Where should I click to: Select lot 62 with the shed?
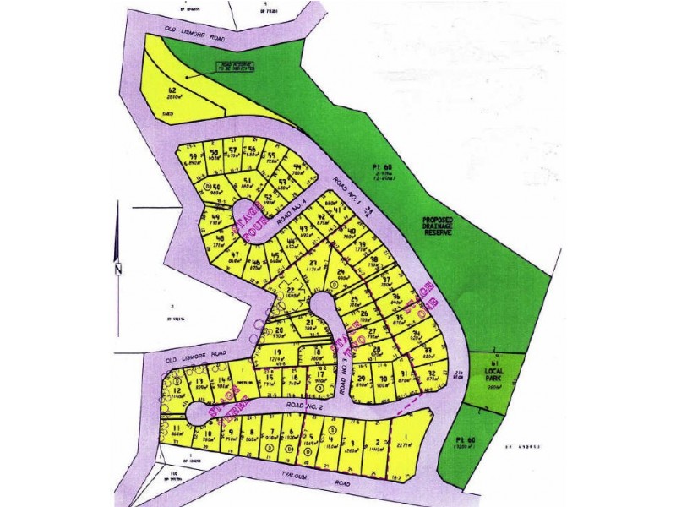point(173,94)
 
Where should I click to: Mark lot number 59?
point(194,157)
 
